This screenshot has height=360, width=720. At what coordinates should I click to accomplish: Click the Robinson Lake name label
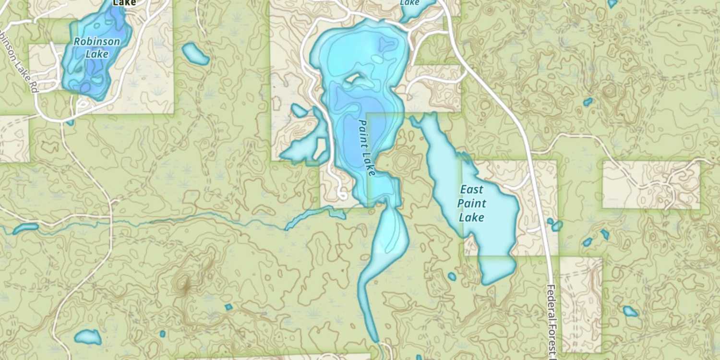click(x=97, y=48)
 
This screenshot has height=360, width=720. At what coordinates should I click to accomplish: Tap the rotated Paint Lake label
click(x=367, y=147)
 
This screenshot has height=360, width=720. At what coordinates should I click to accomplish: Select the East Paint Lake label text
click(x=472, y=204)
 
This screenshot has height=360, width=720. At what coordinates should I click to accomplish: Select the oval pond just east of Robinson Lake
click(x=195, y=54)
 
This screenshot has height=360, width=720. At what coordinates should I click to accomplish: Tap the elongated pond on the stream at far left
click(x=25, y=228)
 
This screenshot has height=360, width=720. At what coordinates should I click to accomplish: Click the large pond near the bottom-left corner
click(x=88, y=337)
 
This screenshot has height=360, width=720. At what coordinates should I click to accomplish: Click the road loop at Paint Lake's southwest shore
click(x=342, y=194)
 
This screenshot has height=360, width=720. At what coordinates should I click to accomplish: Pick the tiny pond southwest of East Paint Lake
click(x=452, y=276)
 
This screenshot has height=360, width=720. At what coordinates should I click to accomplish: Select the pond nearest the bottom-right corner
click(x=630, y=311)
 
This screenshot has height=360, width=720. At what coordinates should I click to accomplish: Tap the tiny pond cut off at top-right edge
click(x=612, y=3)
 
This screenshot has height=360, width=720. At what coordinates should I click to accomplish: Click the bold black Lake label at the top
click(x=124, y=3)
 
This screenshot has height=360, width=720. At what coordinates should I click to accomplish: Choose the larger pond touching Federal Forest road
click(x=557, y=226)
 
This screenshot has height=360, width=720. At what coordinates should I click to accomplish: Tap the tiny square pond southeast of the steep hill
click(x=228, y=307)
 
